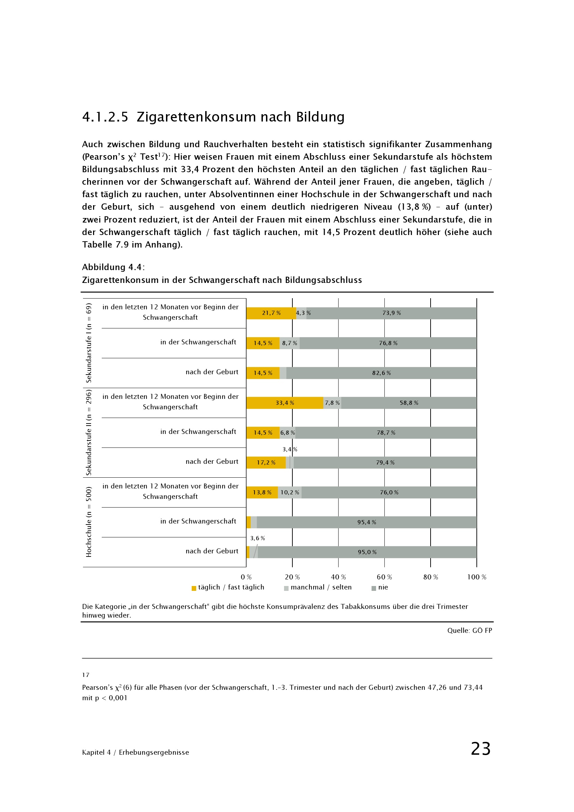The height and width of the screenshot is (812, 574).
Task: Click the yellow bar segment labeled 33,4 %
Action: pos(284,403)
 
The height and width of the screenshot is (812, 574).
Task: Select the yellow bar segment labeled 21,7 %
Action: pos(271,313)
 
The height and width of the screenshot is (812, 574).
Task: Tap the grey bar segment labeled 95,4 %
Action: pos(366,522)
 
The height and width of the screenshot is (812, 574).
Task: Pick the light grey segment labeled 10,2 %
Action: pos(290,492)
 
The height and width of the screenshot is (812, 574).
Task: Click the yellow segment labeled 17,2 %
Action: pos(266,462)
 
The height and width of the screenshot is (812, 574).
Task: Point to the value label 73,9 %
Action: pos(391,313)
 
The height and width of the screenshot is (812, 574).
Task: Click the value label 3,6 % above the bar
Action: pos(257,538)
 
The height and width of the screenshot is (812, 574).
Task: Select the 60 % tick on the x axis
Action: pos(384,577)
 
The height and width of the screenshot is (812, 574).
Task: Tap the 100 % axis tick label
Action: pos(476,577)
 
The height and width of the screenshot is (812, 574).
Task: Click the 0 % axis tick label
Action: pos(246,577)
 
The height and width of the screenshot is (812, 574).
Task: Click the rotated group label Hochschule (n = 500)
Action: pos(89,522)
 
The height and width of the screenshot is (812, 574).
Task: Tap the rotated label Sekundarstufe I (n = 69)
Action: pos(89,343)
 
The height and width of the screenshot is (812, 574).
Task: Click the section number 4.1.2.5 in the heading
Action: pos(105,117)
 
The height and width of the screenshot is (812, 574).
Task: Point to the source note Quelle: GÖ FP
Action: pos(469,630)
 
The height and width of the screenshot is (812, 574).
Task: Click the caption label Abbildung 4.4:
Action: pos(113,267)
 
